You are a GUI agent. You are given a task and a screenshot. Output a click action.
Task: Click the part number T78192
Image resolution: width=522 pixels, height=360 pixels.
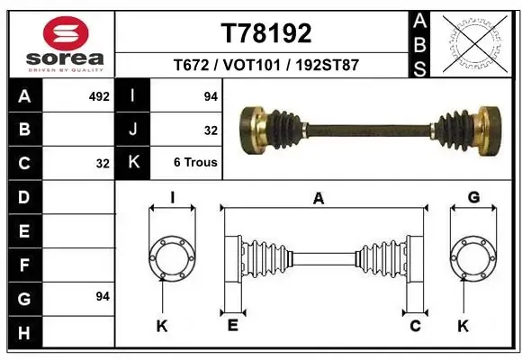(266, 33)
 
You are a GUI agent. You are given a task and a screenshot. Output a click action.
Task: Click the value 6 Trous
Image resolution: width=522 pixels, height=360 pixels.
(195, 162)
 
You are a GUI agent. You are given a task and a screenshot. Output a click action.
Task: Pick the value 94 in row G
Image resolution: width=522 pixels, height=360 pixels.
(102, 296)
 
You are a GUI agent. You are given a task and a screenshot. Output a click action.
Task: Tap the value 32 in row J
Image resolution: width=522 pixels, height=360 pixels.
(211, 130)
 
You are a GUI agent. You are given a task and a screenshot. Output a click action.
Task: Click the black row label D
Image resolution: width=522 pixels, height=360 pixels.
(23, 197)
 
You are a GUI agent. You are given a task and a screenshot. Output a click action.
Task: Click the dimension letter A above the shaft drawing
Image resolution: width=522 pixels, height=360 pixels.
(317, 199)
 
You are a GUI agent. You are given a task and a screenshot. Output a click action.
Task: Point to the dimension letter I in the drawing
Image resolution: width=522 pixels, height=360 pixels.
(172, 198)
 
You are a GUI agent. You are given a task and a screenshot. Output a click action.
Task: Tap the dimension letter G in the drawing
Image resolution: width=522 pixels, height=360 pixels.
(473, 198)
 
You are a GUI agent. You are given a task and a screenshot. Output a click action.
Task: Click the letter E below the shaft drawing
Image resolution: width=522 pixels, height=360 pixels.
(232, 326)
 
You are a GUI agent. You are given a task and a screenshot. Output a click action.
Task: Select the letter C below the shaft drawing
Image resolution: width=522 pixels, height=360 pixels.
(415, 326)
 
